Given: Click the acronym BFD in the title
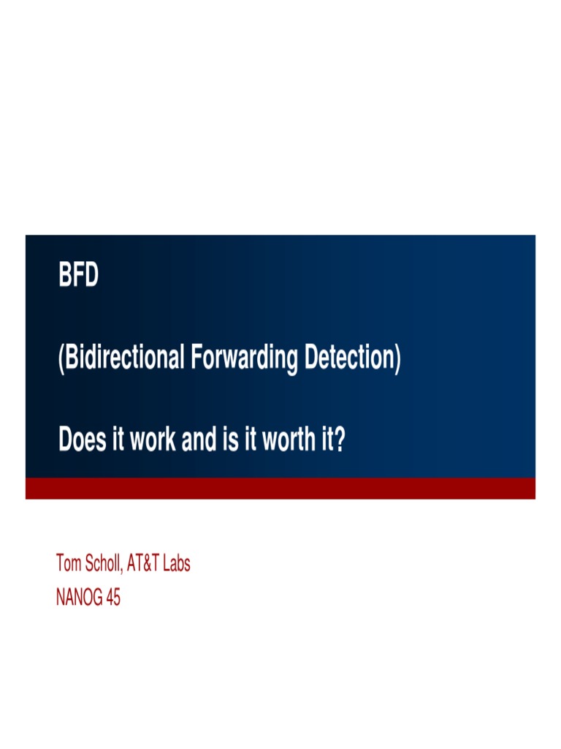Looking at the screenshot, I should coord(78,277).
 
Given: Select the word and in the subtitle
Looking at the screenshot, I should coord(195,440).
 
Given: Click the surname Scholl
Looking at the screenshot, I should coord(105,564).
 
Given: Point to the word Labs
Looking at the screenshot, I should coord(180,564).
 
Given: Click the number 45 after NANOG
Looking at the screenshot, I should coord(112,598).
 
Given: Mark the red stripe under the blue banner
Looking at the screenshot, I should coord(280,488).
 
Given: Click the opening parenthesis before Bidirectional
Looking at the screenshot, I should coord(61,360).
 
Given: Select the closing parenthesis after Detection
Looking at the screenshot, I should coord(397,360).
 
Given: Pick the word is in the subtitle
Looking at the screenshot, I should coord(224,440).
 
